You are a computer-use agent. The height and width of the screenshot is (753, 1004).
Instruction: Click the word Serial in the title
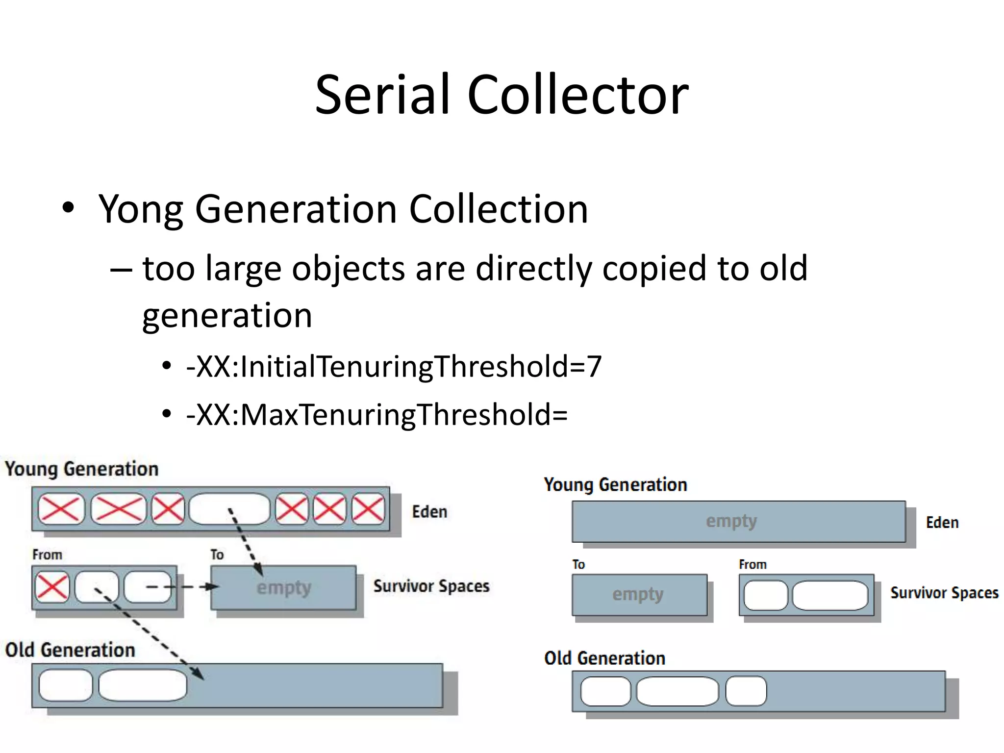382,95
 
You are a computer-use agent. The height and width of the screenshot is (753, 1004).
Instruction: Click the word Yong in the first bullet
141,209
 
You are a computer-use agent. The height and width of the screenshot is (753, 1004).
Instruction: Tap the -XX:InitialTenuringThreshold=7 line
394,367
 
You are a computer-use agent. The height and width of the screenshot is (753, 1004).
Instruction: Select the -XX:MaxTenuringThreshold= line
376,415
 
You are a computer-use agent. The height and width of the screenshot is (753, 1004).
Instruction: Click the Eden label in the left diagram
429,512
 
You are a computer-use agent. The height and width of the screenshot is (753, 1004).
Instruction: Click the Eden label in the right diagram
942,523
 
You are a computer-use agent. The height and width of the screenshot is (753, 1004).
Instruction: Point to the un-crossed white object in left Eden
229,509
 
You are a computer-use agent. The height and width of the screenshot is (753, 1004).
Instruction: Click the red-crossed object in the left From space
52,587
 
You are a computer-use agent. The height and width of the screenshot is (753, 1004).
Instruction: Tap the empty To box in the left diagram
283,588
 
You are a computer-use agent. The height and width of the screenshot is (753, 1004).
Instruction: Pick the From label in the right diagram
753,565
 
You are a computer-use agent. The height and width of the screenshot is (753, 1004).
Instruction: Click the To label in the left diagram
217,555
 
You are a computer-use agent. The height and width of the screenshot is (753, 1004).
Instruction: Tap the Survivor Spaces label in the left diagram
431,586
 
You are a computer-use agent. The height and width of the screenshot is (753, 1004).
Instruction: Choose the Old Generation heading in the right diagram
604,658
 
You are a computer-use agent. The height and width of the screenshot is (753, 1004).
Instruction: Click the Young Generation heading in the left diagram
82,469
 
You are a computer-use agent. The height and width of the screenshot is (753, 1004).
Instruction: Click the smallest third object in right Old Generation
746,691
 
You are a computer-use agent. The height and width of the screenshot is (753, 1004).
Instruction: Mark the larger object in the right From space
829,596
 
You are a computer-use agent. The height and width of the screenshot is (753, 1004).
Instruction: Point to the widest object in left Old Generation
143,685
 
